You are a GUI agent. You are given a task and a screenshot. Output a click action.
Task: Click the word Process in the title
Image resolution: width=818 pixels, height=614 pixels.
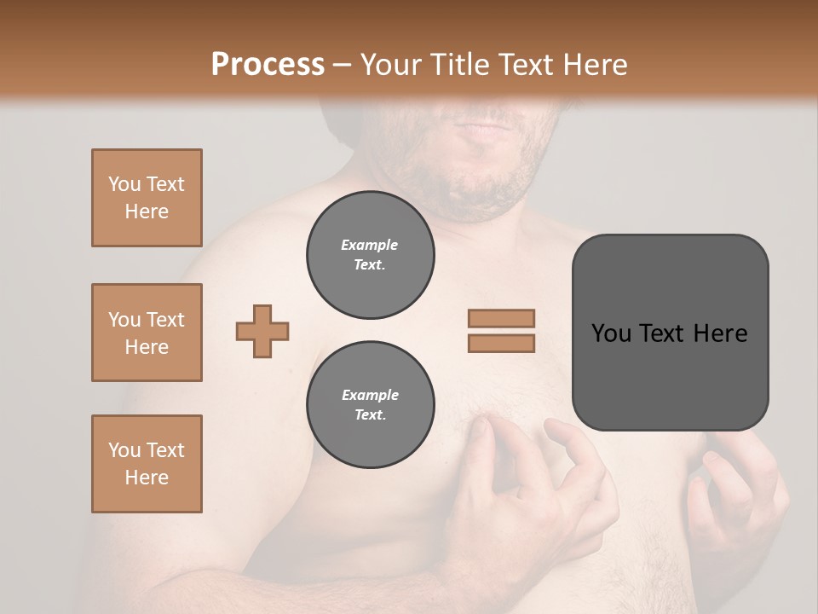[x=268, y=64]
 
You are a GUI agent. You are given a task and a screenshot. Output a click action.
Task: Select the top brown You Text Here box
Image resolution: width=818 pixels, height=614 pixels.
[x=147, y=198]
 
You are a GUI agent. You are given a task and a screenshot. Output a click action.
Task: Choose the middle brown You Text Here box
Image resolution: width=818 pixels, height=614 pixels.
[x=147, y=333]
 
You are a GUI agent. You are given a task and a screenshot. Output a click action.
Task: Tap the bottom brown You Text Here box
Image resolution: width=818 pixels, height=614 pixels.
[x=147, y=464]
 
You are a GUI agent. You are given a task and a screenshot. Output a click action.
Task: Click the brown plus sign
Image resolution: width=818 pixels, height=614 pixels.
[x=262, y=331]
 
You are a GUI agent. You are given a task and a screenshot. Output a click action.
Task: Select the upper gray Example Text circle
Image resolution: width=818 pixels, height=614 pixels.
[x=370, y=255]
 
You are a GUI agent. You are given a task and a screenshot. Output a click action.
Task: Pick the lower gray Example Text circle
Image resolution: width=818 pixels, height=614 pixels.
[x=370, y=405]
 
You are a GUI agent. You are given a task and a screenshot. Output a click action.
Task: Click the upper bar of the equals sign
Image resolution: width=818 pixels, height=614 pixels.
[x=501, y=318]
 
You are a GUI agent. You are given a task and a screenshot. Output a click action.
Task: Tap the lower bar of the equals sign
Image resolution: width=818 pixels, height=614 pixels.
[x=501, y=343]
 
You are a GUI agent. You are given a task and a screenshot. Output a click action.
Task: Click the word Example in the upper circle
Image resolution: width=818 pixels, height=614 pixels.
[x=370, y=245]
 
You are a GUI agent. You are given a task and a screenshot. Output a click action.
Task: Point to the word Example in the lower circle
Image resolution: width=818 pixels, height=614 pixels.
[x=370, y=395]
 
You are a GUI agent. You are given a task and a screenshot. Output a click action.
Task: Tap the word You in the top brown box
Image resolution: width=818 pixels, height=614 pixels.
[x=123, y=184]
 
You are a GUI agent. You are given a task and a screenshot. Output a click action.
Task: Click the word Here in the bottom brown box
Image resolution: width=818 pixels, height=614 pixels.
[x=147, y=478]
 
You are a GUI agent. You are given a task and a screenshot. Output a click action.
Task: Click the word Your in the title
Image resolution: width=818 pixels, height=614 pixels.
[x=388, y=64]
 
